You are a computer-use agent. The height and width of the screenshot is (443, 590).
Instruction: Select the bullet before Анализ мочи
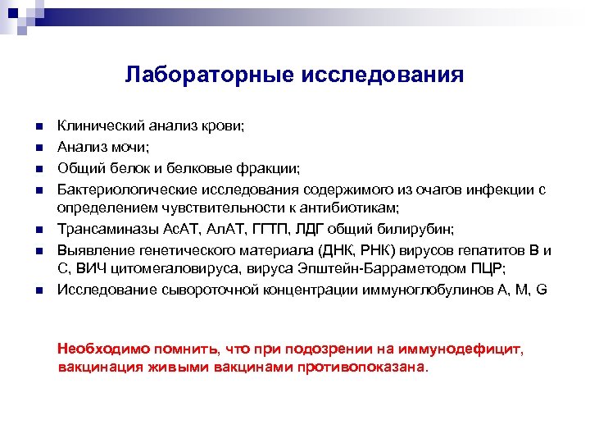(x=38, y=148)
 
